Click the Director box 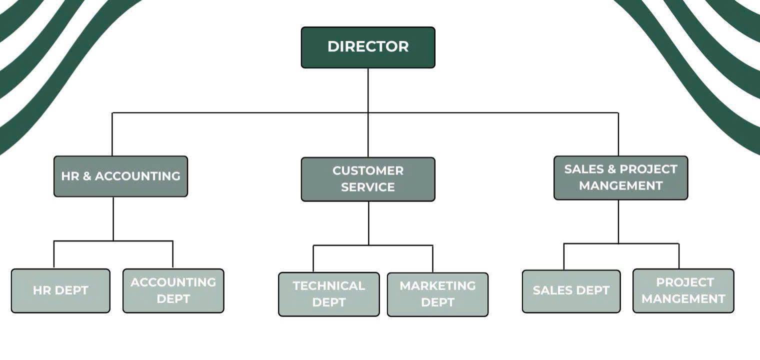coord(368,47)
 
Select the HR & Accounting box coord(120,176)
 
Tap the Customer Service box coord(368,179)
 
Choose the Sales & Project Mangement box coord(620,177)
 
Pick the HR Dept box coord(60,290)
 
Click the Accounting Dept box coord(173,290)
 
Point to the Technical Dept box coord(328,294)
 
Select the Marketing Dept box coord(437,294)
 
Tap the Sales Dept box coord(571,290)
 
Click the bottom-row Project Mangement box coord(683,290)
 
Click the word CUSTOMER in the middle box coord(368,170)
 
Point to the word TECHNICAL coord(328,286)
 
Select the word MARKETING coord(437,286)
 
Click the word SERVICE coord(368,187)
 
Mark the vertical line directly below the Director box coord(368,90)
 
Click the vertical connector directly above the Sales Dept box coord(564,256)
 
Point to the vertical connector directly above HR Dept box coord(54,254)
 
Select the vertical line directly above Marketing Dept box coord(432,258)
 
